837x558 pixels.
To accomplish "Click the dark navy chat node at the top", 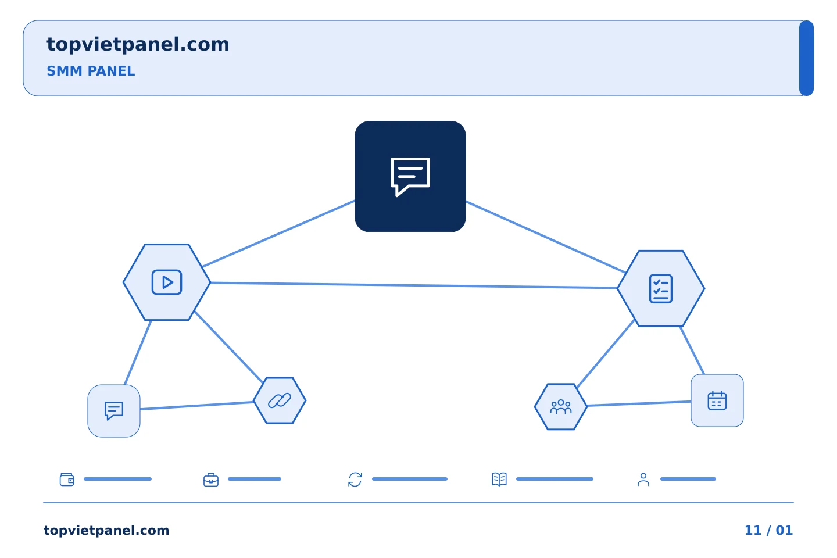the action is [x=410, y=176].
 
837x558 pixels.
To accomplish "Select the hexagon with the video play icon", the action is [x=167, y=282].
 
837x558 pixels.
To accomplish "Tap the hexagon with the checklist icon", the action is [x=661, y=288].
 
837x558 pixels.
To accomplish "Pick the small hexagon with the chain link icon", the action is [x=280, y=400].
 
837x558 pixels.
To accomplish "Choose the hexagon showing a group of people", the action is [x=560, y=407].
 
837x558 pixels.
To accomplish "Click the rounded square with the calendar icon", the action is [x=717, y=400].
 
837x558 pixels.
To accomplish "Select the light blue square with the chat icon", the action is [x=114, y=411].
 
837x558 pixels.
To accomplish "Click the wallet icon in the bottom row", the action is [x=67, y=479].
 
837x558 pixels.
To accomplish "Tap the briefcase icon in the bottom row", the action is [x=211, y=480].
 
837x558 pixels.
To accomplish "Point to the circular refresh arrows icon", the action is [x=355, y=480].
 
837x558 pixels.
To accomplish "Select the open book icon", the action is [x=499, y=479].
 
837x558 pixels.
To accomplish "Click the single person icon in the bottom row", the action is [x=643, y=480].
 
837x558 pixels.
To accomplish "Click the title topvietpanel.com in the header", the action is [x=138, y=45].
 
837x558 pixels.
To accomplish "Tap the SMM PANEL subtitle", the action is [x=91, y=71].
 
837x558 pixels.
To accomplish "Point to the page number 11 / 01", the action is [x=768, y=530].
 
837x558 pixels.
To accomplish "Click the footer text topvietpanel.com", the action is [x=106, y=530].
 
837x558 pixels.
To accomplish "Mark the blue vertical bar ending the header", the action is [x=806, y=58].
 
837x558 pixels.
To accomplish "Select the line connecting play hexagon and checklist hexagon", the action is [x=414, y=285].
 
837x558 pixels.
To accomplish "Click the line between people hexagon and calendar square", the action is [x=639, y=403].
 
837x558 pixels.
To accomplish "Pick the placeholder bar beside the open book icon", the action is [x=555, y=479].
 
